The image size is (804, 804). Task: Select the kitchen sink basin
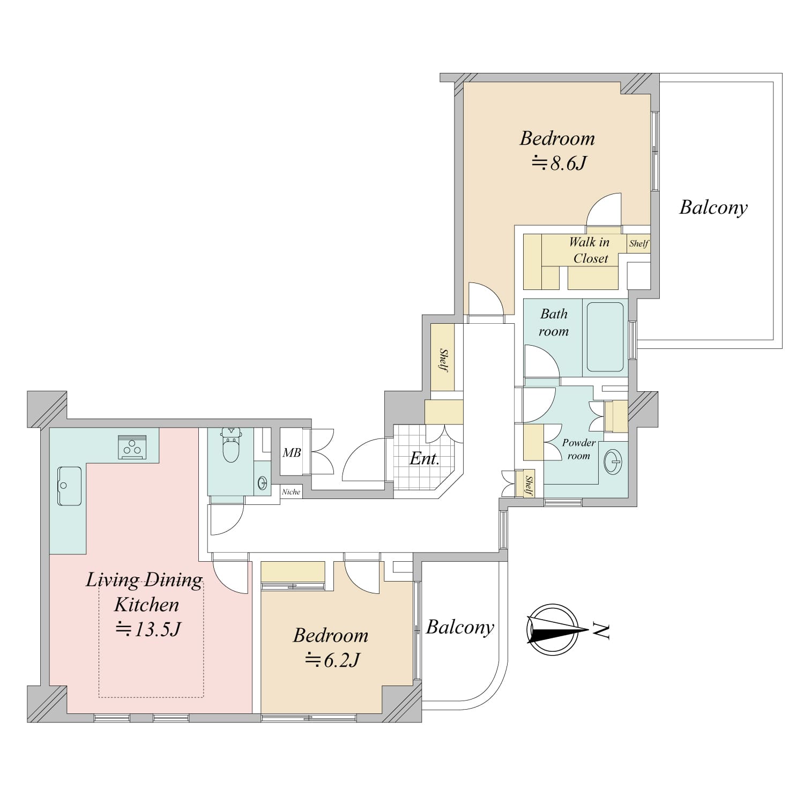coord(69,486)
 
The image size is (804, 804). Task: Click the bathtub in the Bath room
coord(605,337)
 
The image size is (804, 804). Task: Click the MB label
coord(292,453)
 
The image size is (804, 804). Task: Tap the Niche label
coord(291,492)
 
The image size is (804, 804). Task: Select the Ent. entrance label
coord(425,458)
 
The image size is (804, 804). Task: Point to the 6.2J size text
coord(332,660)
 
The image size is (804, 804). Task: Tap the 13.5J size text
coord(148,629)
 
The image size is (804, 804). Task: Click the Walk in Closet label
coord(590,250)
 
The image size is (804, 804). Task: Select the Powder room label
coord(579,449)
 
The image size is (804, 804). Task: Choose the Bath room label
coord(554,322)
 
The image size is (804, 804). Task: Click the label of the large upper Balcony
coord(713,207)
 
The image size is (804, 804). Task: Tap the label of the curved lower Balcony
coord(460,627)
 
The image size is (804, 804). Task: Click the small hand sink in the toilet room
coord(262,483)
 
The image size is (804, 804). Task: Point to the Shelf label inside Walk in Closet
coord(639,243)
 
